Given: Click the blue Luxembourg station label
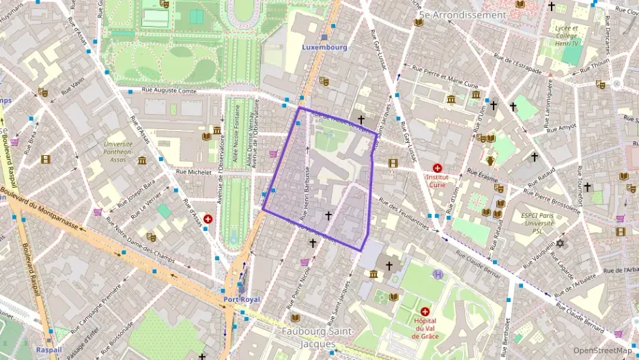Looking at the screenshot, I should pyautogui.click(x=324, y=48).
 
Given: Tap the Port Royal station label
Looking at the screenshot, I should pyautogui.click(x=241, y=299).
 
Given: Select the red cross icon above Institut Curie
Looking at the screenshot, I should pyautogui.click(x=437, y=167).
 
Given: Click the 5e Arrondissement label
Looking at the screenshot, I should pyautogui.click(x=462, y=14).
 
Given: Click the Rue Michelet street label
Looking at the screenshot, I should pyautogui.click(x=193, y=173).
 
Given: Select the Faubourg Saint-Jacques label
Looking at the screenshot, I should pyautogui.click(x=317, y=337).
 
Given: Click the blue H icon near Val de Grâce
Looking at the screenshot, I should pyautogui.click(x=438, y=274).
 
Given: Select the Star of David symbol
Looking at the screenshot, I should pyautogui.click(x=561, y=244).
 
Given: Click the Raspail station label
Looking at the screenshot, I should pyautogui.click(x=48, y=349).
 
